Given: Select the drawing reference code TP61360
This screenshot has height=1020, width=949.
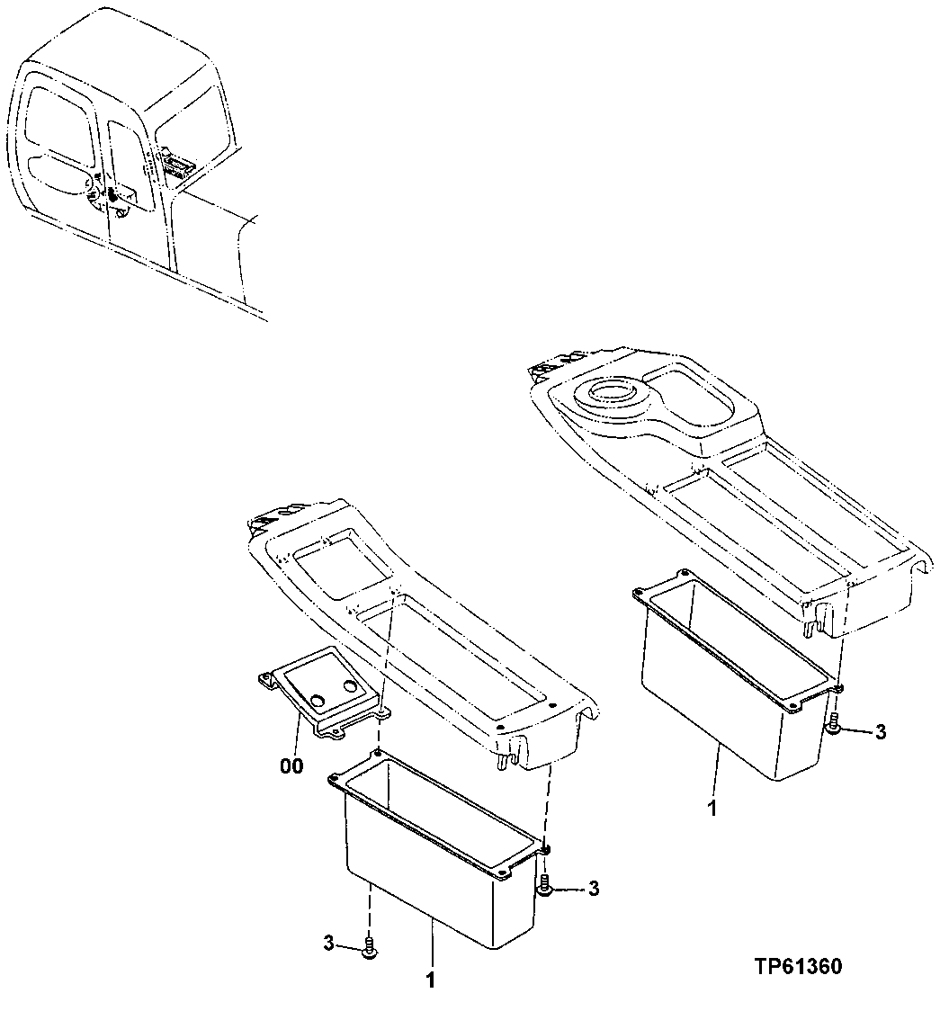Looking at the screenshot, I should (x=798, y=967).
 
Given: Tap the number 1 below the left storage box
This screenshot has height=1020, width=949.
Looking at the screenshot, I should (x=430, y=980).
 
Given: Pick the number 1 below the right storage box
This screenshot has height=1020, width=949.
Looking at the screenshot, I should (x=712, y=809).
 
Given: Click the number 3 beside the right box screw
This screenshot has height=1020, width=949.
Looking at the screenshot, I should (x=880, y=732).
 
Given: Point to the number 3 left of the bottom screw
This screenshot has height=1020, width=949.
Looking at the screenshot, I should (x=329, y=943).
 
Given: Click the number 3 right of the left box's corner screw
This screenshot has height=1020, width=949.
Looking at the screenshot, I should (x=593, y=889).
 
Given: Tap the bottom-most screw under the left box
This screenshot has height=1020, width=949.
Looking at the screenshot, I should (x=368, y=948).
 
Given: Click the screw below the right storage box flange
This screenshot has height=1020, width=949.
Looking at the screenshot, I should (x=834, y=724).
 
